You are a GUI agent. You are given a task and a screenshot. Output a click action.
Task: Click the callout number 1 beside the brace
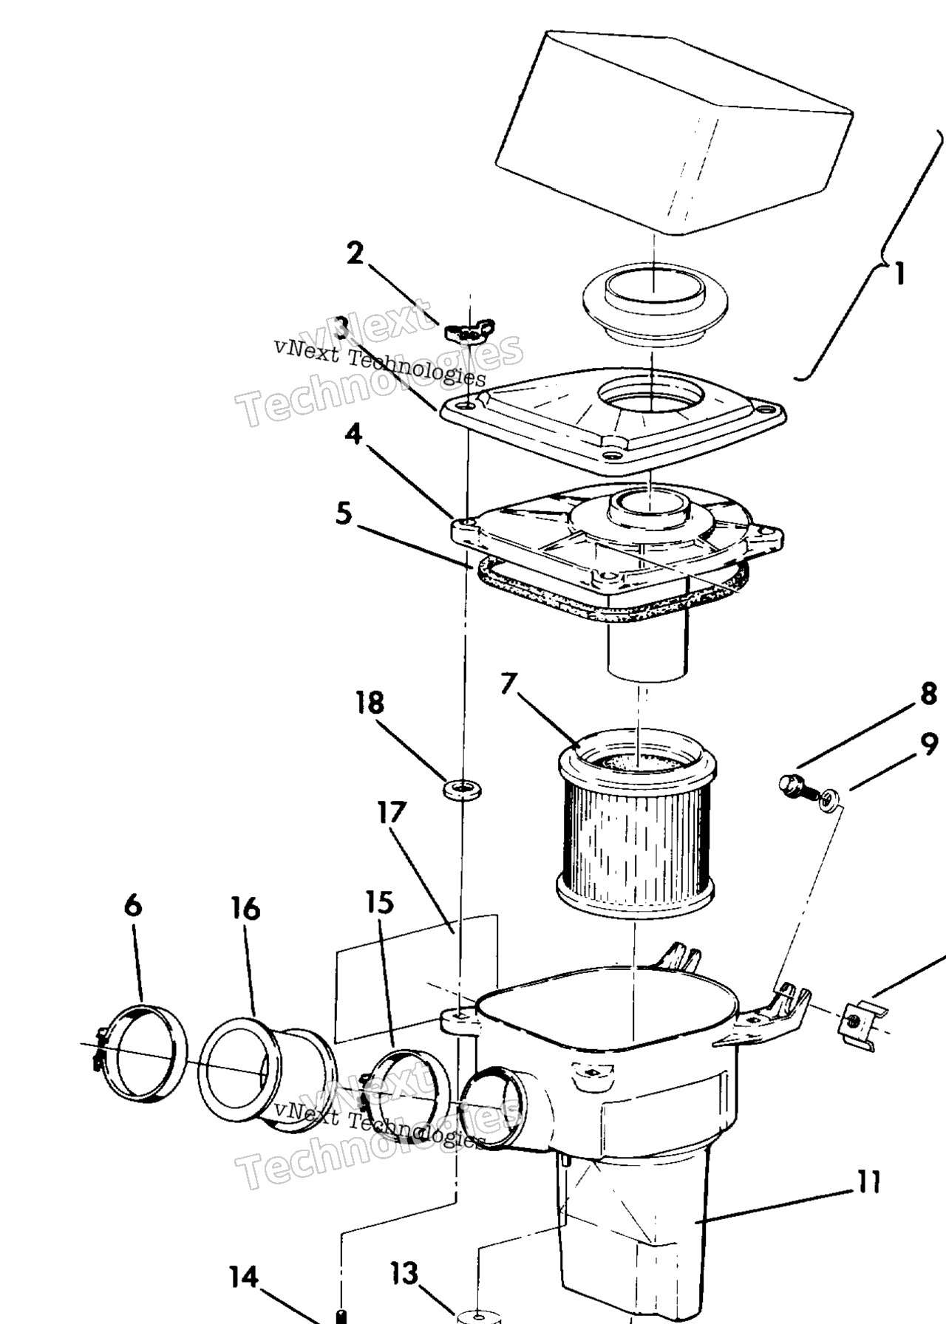(899, 274)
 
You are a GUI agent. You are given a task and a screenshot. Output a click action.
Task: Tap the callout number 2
(355, 253)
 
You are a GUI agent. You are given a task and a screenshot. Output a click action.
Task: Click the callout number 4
(355, 434)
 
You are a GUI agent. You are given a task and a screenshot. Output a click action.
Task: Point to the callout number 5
(344, 513)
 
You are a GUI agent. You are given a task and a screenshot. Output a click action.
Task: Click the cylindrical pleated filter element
(636, 820)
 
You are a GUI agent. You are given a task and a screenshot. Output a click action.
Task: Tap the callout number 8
(928, 693)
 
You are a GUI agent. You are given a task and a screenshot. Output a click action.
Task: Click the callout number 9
(929, 745)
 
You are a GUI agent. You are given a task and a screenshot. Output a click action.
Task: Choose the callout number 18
(370, 702)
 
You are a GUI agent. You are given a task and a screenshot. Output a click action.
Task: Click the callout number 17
(392, 813)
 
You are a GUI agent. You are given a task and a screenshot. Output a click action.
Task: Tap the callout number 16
(245, 909)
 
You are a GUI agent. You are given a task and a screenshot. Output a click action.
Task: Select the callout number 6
(132, 904)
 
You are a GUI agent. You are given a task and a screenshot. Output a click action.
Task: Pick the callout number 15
(379, 902)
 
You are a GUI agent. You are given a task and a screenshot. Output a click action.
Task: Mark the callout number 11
(869, 1182)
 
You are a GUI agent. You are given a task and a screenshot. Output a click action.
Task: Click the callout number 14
(244, 1277)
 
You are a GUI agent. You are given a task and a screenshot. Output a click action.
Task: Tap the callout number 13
(404, 1273)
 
